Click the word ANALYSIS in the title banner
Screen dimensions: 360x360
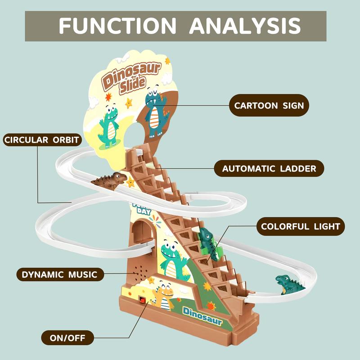[244, 26]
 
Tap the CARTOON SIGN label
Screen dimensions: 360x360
[269, 106]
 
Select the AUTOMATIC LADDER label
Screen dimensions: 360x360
[269, 169]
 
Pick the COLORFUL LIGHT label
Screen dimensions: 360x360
[301, 226]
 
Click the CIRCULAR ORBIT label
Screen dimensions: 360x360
[41, 140]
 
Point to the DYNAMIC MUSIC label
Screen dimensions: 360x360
[59, 274]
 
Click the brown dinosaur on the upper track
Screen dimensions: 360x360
[110, 180]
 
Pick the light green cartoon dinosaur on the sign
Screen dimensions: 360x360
[109, 126]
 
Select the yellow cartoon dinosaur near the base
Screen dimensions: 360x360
[164, 296]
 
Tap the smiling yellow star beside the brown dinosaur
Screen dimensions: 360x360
[131, 182]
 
